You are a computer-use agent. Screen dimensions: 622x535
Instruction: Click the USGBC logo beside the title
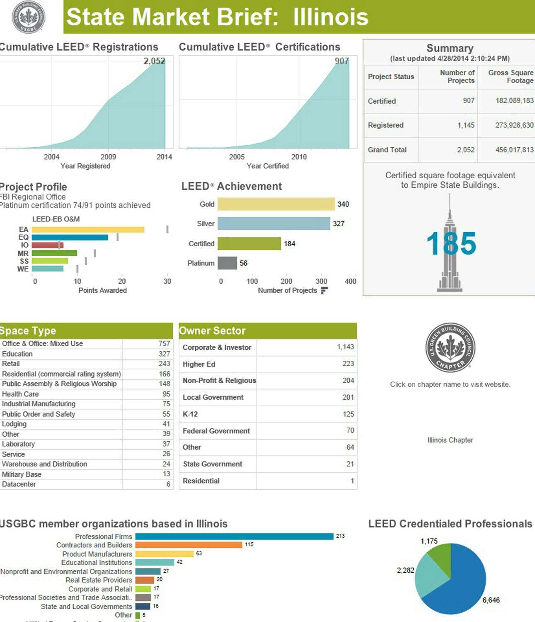point(28,17)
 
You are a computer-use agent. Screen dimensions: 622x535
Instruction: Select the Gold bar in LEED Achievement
point(276,204)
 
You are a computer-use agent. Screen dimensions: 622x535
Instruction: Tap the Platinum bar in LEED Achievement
point(227,263)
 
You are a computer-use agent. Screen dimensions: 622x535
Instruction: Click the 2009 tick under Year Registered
point(108,157)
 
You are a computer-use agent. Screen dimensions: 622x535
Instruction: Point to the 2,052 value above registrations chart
point(154,61)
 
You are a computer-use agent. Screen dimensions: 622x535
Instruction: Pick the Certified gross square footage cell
point(514,100)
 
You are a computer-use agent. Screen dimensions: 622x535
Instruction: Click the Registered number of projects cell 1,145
point(466,125)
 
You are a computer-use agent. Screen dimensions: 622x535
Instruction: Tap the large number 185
point(451,243)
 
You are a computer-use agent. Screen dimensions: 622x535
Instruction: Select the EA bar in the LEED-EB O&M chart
point(88,229)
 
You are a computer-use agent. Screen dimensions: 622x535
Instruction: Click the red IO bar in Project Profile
point(47,245)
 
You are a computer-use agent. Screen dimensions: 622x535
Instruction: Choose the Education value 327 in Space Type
point(164,354)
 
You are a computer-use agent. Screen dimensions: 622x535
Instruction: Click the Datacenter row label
point(19,484)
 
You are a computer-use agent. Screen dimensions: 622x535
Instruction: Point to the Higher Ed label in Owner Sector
point(199,364)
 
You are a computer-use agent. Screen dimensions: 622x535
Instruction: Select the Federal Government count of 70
point(350,430)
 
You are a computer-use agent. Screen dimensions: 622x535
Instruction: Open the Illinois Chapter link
point(450,440)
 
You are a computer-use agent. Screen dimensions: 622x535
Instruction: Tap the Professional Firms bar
point(234,536)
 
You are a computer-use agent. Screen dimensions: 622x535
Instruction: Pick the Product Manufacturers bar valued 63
point(165,554)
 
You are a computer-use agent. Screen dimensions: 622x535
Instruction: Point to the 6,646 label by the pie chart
point(491,600)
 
